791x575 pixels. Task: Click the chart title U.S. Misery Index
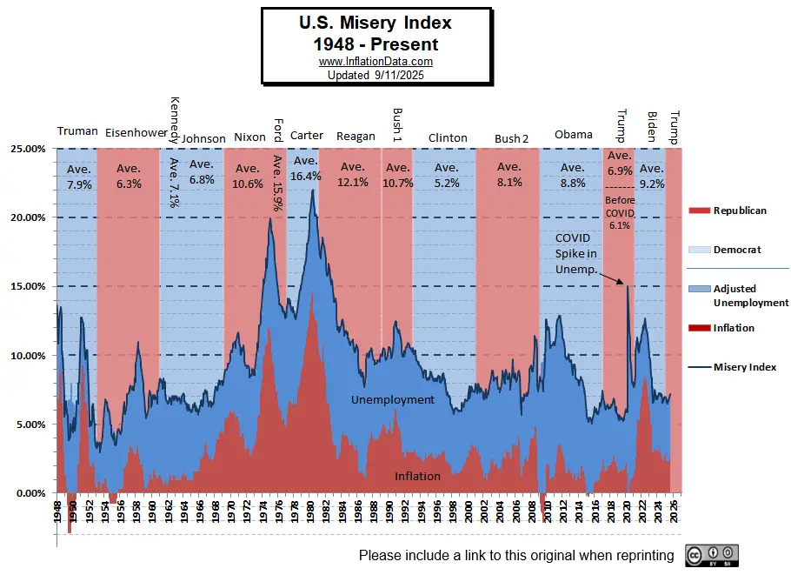tap(376, 22)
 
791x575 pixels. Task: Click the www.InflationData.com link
tap(376, 62)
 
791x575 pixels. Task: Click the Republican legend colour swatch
tap(699, 211)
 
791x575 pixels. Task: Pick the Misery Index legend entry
tap(745, 367)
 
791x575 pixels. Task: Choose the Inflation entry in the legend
tap(734, 328)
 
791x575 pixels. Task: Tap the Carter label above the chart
tap(307, 136)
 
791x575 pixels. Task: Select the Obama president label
tap(574, 134)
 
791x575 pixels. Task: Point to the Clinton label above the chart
tap(448, 137)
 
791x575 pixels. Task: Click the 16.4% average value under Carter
tap(306, 176)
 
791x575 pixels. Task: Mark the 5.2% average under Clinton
tap(447, 183)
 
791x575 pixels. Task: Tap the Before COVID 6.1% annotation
tap(619, 212)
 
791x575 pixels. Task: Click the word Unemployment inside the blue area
tap(392, 399)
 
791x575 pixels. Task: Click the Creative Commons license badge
tap(711, 556)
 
